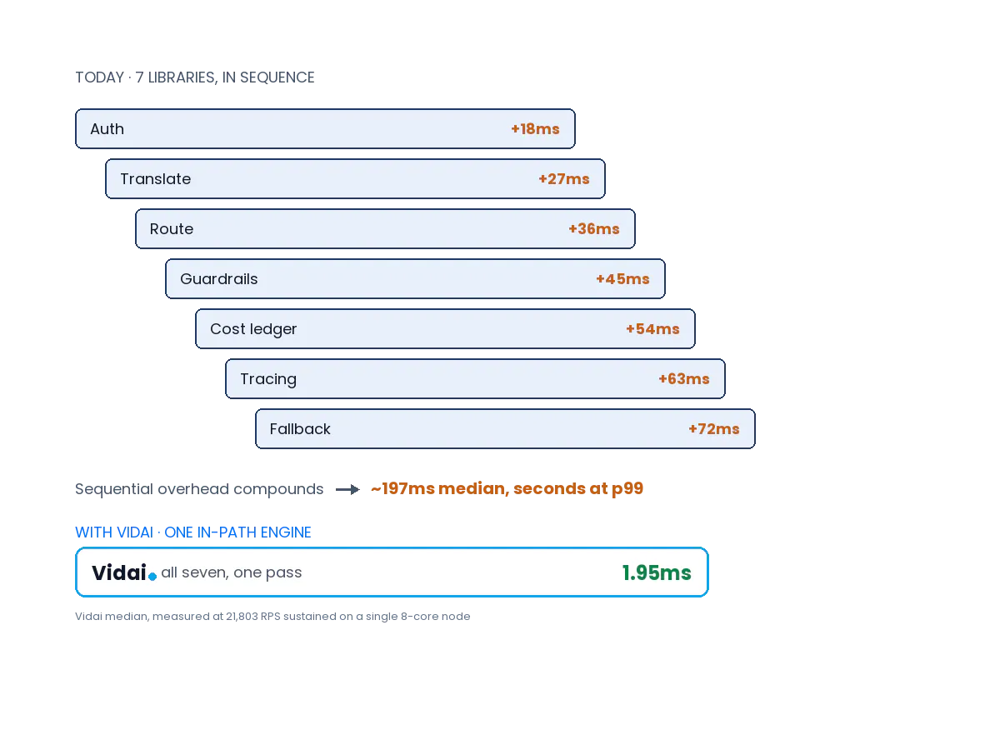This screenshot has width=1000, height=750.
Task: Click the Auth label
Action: [107, 129]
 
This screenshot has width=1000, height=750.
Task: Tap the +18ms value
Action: [535, 129]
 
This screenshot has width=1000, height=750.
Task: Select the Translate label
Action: [155, 179]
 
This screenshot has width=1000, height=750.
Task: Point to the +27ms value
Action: [564, 179]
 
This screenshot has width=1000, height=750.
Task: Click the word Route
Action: [172, 229]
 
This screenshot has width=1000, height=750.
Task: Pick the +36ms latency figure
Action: [594, 229]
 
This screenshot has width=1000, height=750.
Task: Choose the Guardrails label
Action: [218, 278]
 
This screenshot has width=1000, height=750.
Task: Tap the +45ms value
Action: [622, 278]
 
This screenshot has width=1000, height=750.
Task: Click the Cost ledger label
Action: [253, 329]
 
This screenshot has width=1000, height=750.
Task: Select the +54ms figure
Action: [652, 329]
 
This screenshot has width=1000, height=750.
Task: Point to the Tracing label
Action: [268, 379]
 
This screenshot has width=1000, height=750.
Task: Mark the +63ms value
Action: [684, 379]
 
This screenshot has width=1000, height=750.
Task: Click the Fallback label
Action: [300, 429]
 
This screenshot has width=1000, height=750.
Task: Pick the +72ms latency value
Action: [714, 429]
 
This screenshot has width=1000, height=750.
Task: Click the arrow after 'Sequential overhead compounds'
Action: [347, 490]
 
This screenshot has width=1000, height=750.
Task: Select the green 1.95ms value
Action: [657, 572]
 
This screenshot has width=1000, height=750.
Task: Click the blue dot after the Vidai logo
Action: [152, 577]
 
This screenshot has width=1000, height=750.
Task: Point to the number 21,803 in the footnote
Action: [242, 617]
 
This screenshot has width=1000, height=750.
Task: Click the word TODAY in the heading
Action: [100, 77]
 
